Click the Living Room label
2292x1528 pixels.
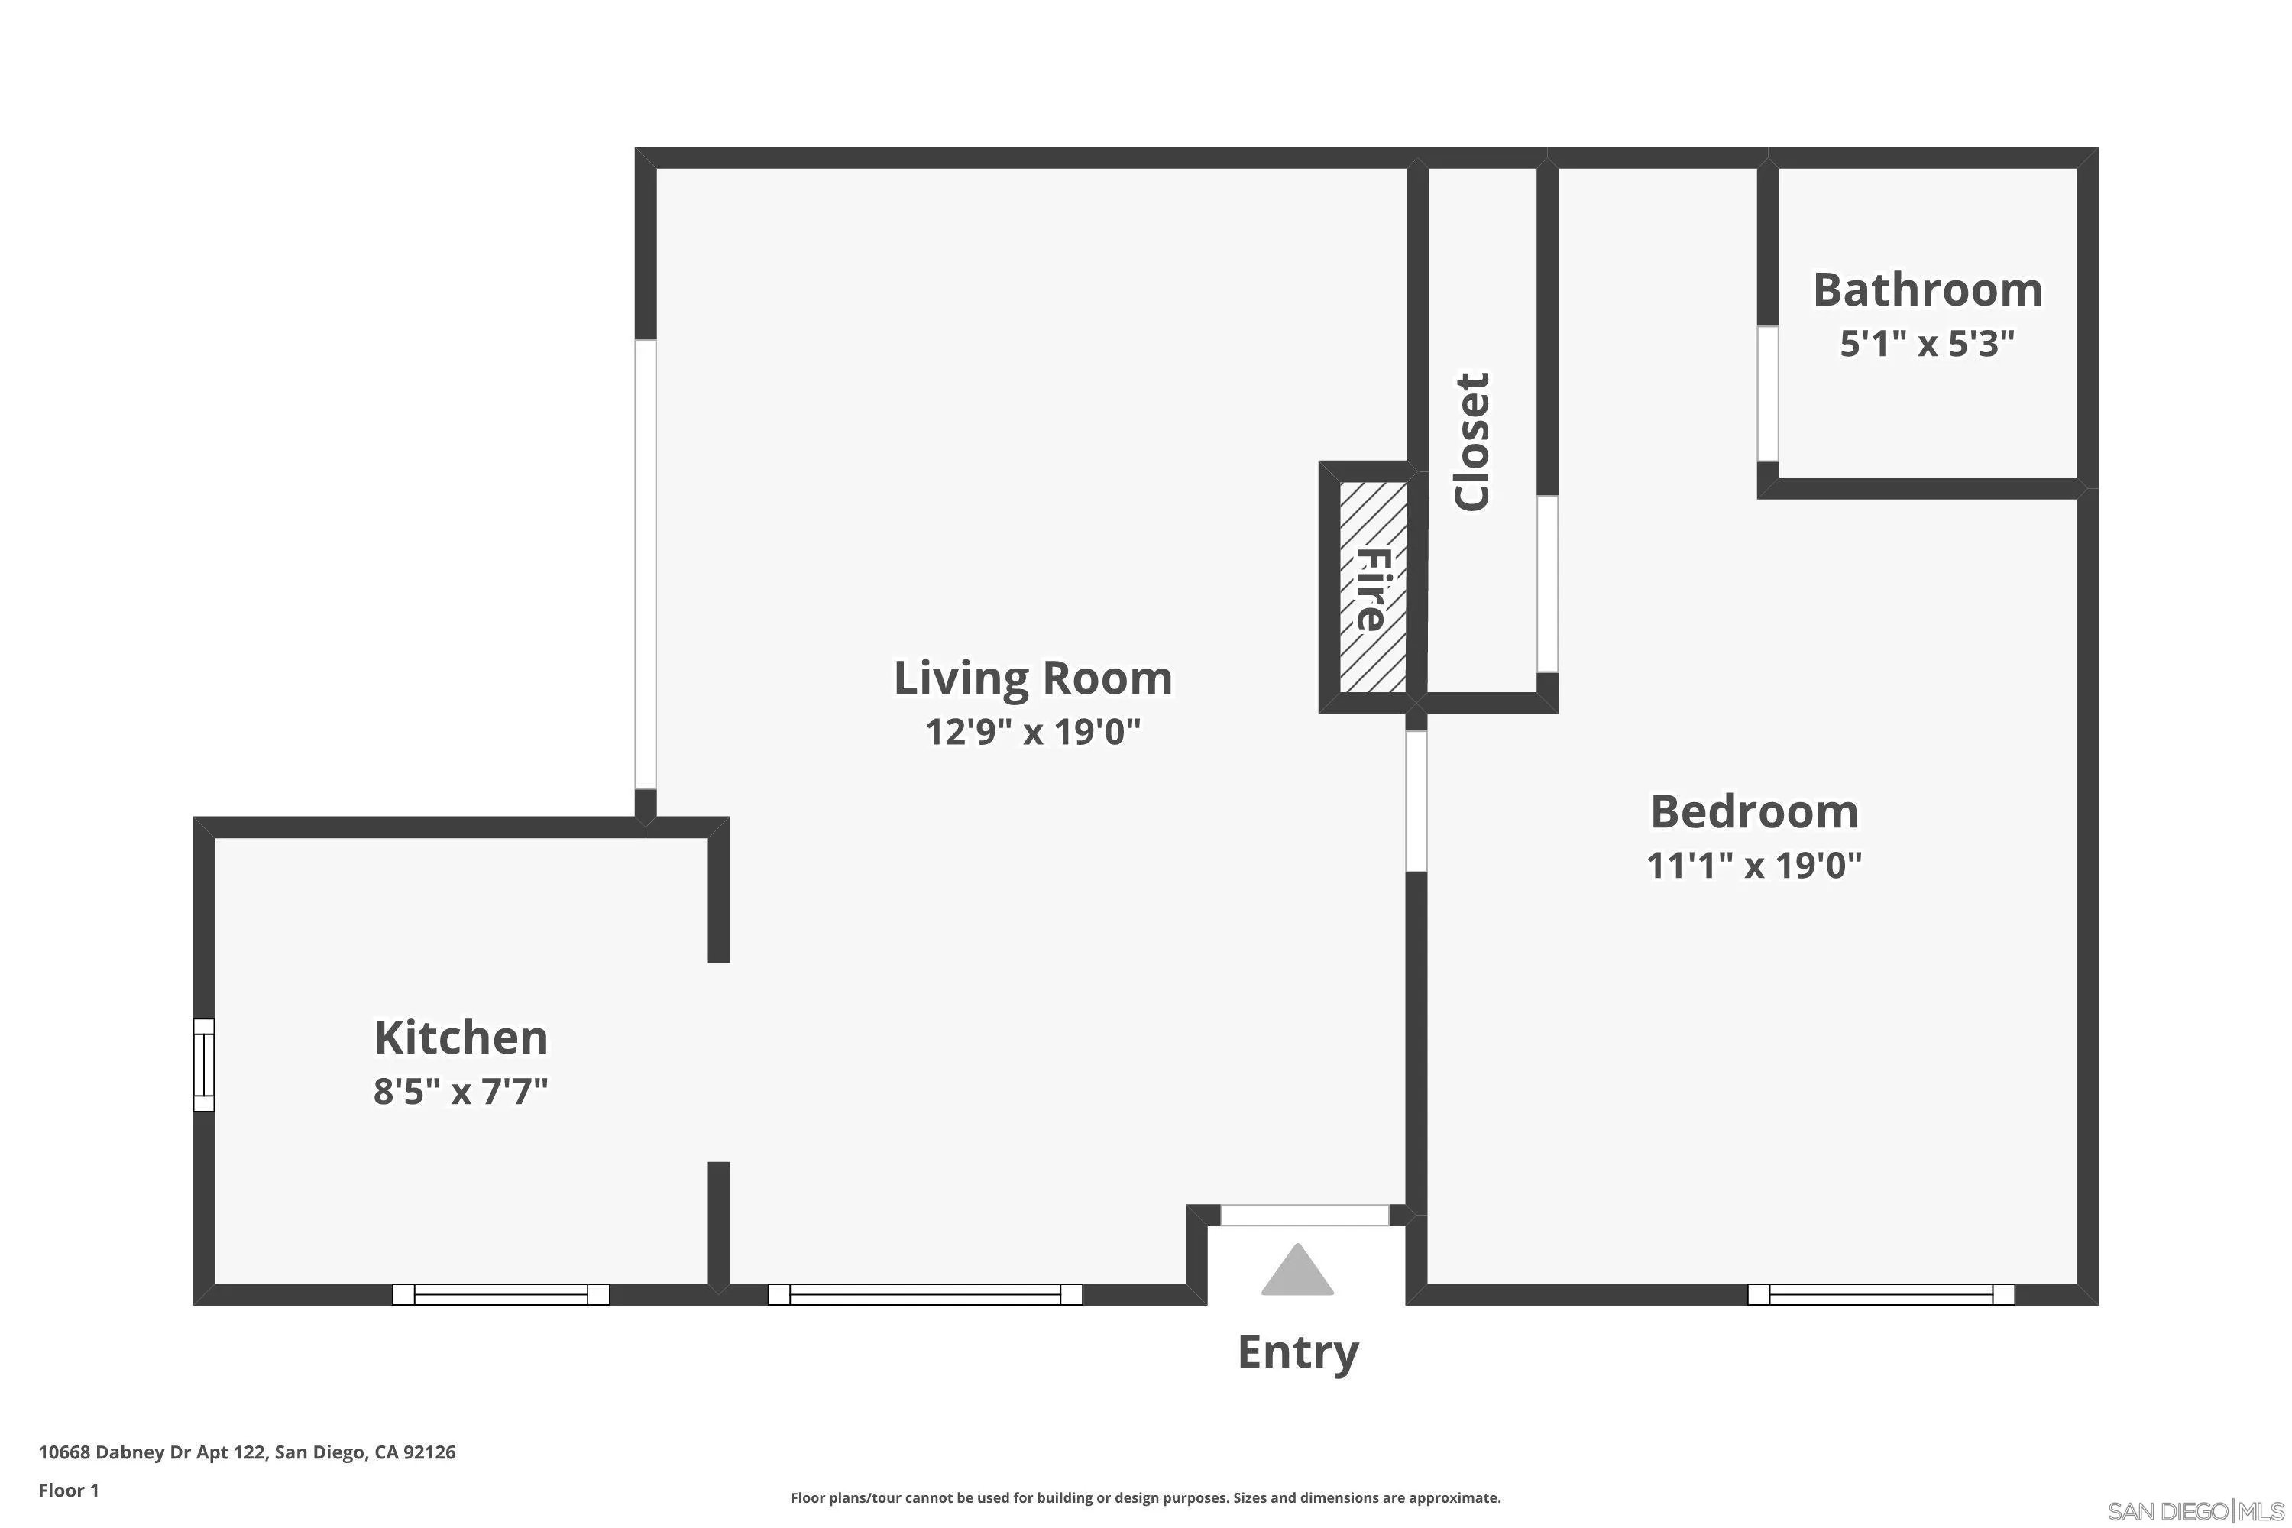pos(1033,678)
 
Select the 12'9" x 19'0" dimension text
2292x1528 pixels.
pos(1033,731)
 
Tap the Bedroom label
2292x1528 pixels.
pos(1754,811)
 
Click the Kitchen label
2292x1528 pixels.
pos(461,1037)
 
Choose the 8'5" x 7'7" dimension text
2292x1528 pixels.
pos(461,1090)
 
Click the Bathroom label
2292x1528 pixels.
pos(1928,290)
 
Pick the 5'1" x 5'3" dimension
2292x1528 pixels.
pos(1928,343)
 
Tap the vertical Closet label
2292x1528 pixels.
pos(1471,442)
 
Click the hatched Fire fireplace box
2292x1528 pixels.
pos(1372,588)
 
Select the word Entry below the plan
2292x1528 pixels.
pos(1297,1352)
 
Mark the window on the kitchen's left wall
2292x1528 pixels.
pos(204,1064)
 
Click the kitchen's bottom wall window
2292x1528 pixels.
pos(501,1294)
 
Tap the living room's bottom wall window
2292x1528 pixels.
pos(924,1294)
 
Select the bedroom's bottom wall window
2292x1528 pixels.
pos(1881,1294)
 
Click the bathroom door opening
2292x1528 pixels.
pos(1768,393)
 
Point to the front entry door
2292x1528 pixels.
pos(1305,1216)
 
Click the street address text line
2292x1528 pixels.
pos(247,1452)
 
